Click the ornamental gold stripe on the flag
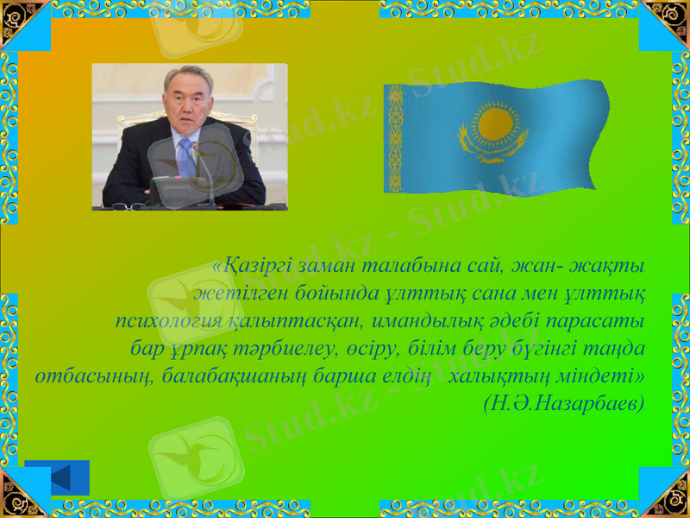coord(395,138)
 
